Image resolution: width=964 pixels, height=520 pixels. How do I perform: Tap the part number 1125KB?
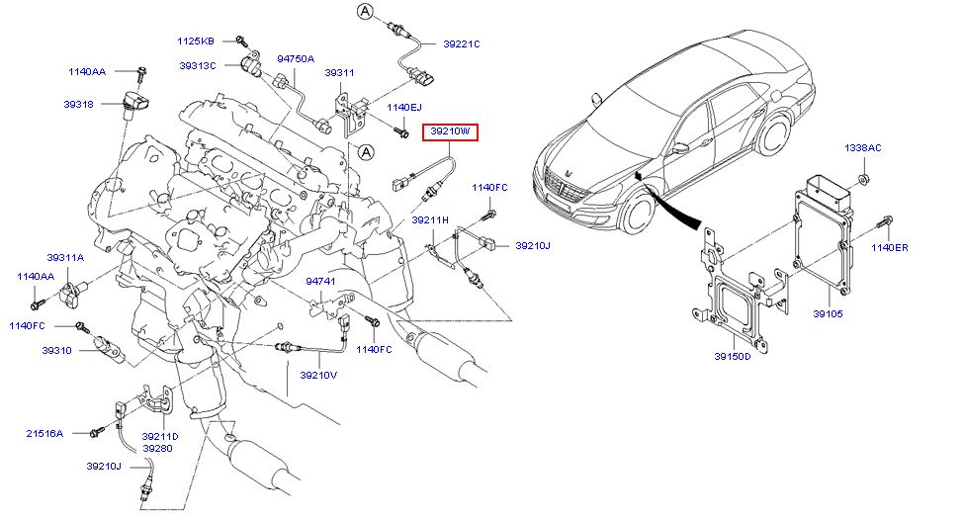(x=196, y=41)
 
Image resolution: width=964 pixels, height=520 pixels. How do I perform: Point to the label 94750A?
(x=296, y=58)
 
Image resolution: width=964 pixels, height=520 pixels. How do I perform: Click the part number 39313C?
(x=199, y=65)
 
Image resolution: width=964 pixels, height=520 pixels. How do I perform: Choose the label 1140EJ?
(x=403, y=107)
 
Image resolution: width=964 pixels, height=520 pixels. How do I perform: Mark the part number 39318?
(x=79, y=103)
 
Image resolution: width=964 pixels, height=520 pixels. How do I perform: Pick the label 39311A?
(x=64, y=257)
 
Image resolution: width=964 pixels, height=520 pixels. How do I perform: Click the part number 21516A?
(x=44, y=433)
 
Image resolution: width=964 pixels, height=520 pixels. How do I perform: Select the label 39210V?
(x=318, y=375)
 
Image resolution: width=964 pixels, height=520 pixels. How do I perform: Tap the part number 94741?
(x=320, y=282)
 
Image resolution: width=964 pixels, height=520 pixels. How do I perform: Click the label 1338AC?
(x=862, y=147)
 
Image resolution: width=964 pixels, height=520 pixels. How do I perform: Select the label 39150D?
(x=733, y=356)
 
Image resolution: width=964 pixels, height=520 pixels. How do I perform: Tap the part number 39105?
(x=828, y=313)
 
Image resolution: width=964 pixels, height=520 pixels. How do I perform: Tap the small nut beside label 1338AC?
(x=865, y=178)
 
